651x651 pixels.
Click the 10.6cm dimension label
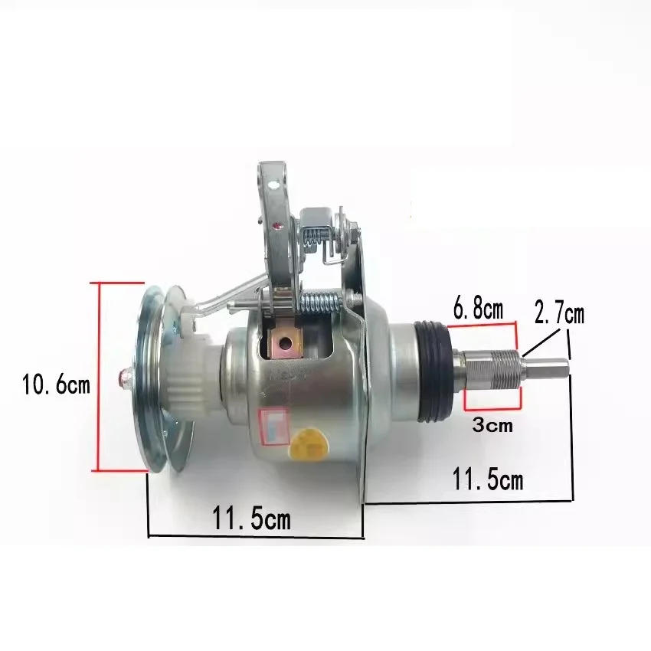[x=56, y=384]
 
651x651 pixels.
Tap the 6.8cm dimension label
[x=478, y=309]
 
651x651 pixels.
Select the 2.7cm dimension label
[x=559, y=314]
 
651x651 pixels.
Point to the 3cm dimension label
[x=492, y=425]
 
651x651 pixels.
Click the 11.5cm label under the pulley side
[x=251, y=518]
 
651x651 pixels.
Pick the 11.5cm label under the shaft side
[x=487, y=479]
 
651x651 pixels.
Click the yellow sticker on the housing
[x=309, y=445]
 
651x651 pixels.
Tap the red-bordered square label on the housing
[x=273, y=426]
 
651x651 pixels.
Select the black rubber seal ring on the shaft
[x=433, y=371]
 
